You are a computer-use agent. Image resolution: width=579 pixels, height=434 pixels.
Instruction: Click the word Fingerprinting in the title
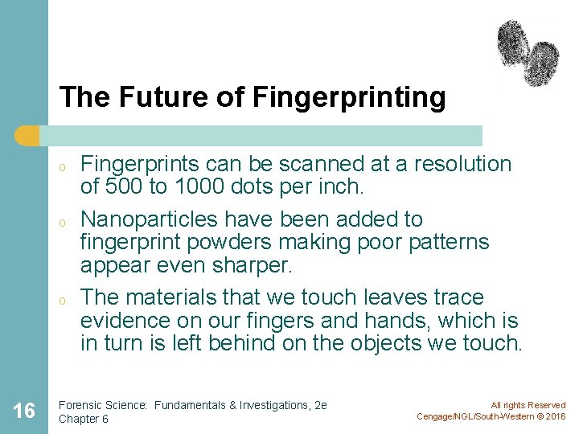(349, 97)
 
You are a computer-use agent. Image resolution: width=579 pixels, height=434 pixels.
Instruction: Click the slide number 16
(24, 411)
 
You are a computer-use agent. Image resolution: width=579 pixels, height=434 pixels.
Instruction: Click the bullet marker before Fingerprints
(61, 168)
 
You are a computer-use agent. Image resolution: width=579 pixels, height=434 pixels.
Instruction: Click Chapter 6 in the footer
(84, 419)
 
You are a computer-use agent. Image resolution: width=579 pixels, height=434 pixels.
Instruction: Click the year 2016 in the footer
(552, 416)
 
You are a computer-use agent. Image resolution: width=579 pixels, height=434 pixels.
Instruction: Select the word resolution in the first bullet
(462, 164)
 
